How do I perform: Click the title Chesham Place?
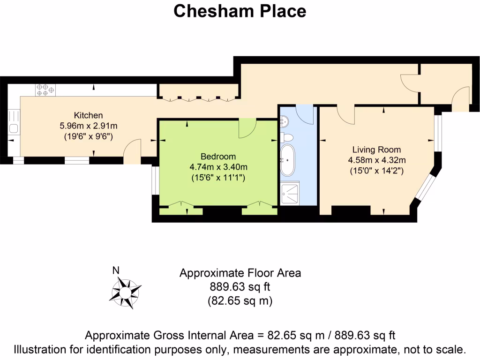pos(240,11)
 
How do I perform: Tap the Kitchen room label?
pos(88,115)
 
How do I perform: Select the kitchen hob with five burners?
pos(45,90)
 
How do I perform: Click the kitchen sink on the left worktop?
pos(13,127)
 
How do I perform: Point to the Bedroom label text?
pos(218,157)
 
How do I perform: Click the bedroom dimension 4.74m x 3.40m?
pos(218,167)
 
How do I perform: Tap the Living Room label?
pos(376,150)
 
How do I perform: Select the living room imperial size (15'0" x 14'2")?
pos(376,171)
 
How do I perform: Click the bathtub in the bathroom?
pos(287,159)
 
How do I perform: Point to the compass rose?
pos(125,292)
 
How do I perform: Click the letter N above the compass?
pos(116,270)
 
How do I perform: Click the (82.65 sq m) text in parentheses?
pos(240,301)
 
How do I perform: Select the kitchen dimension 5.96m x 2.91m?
pos(88,126)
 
